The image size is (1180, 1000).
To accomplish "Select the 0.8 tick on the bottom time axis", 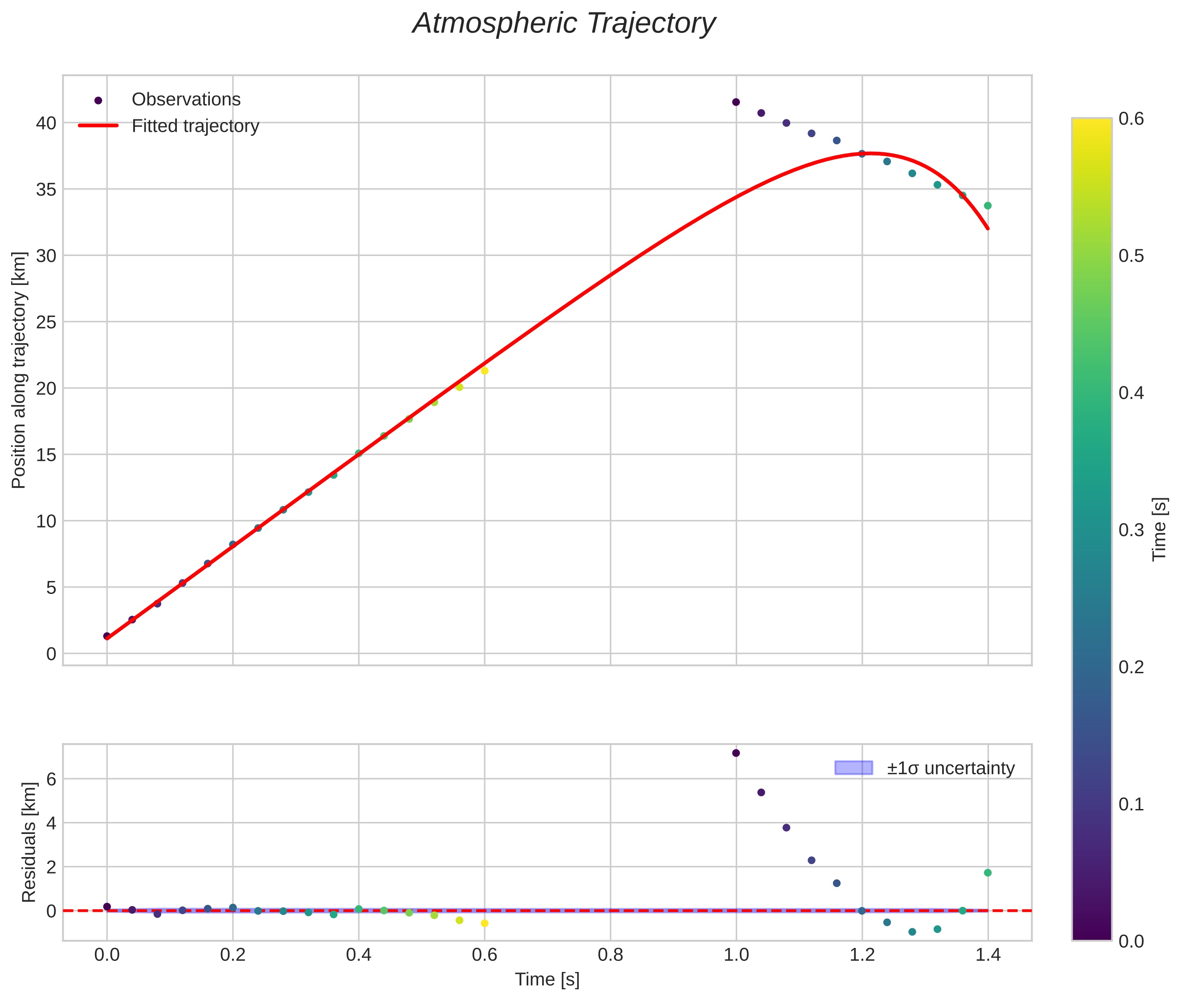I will click(610, 955).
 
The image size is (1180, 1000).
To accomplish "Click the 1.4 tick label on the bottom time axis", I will click(988, 955).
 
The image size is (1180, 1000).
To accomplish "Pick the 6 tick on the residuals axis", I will click(51, 779).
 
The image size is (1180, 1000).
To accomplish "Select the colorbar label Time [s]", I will click(1159, 529).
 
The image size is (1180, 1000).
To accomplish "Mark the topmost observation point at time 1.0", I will click(736, 102).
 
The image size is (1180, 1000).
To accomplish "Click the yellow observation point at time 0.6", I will click(484, 371).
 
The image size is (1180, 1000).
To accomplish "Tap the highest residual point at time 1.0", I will click(736, 753).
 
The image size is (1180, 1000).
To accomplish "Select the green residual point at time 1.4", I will click(988, 873).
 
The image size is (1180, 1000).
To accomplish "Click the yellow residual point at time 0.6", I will click(484, 923).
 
